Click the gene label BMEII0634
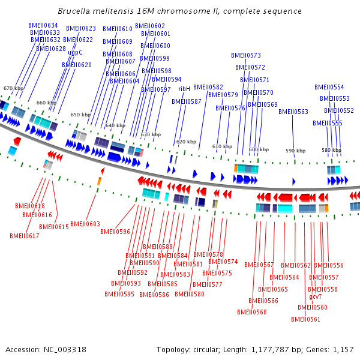pyautogui.click(x=43, y=25)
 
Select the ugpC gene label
pyautogui.click(x=75, y=52)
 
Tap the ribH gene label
pyautogui.click(x=184, y=89)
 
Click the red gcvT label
pyautogui.click(x=316, y=296)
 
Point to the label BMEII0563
pyautogui.click(x=293, y=112)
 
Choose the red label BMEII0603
pyautogui.click(x=85, y=224)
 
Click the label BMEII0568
pyautogui.click(x=252, y=312)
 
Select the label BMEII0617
pyautogui.click(x=25, y=236)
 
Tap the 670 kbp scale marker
pyautogui.click(x=13, y=88)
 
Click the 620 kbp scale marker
pyautogui.click(x=186, y=142)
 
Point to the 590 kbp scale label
pyautogui.click(x=295, y=151)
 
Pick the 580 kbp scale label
pyautogui.click(x=331, y=149)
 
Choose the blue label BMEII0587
pyautogui.click(x=187, y=101)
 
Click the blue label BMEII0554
pyautogui.click(x=329, y=87)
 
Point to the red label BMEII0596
pyautogui.click(x=115, y=231)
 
